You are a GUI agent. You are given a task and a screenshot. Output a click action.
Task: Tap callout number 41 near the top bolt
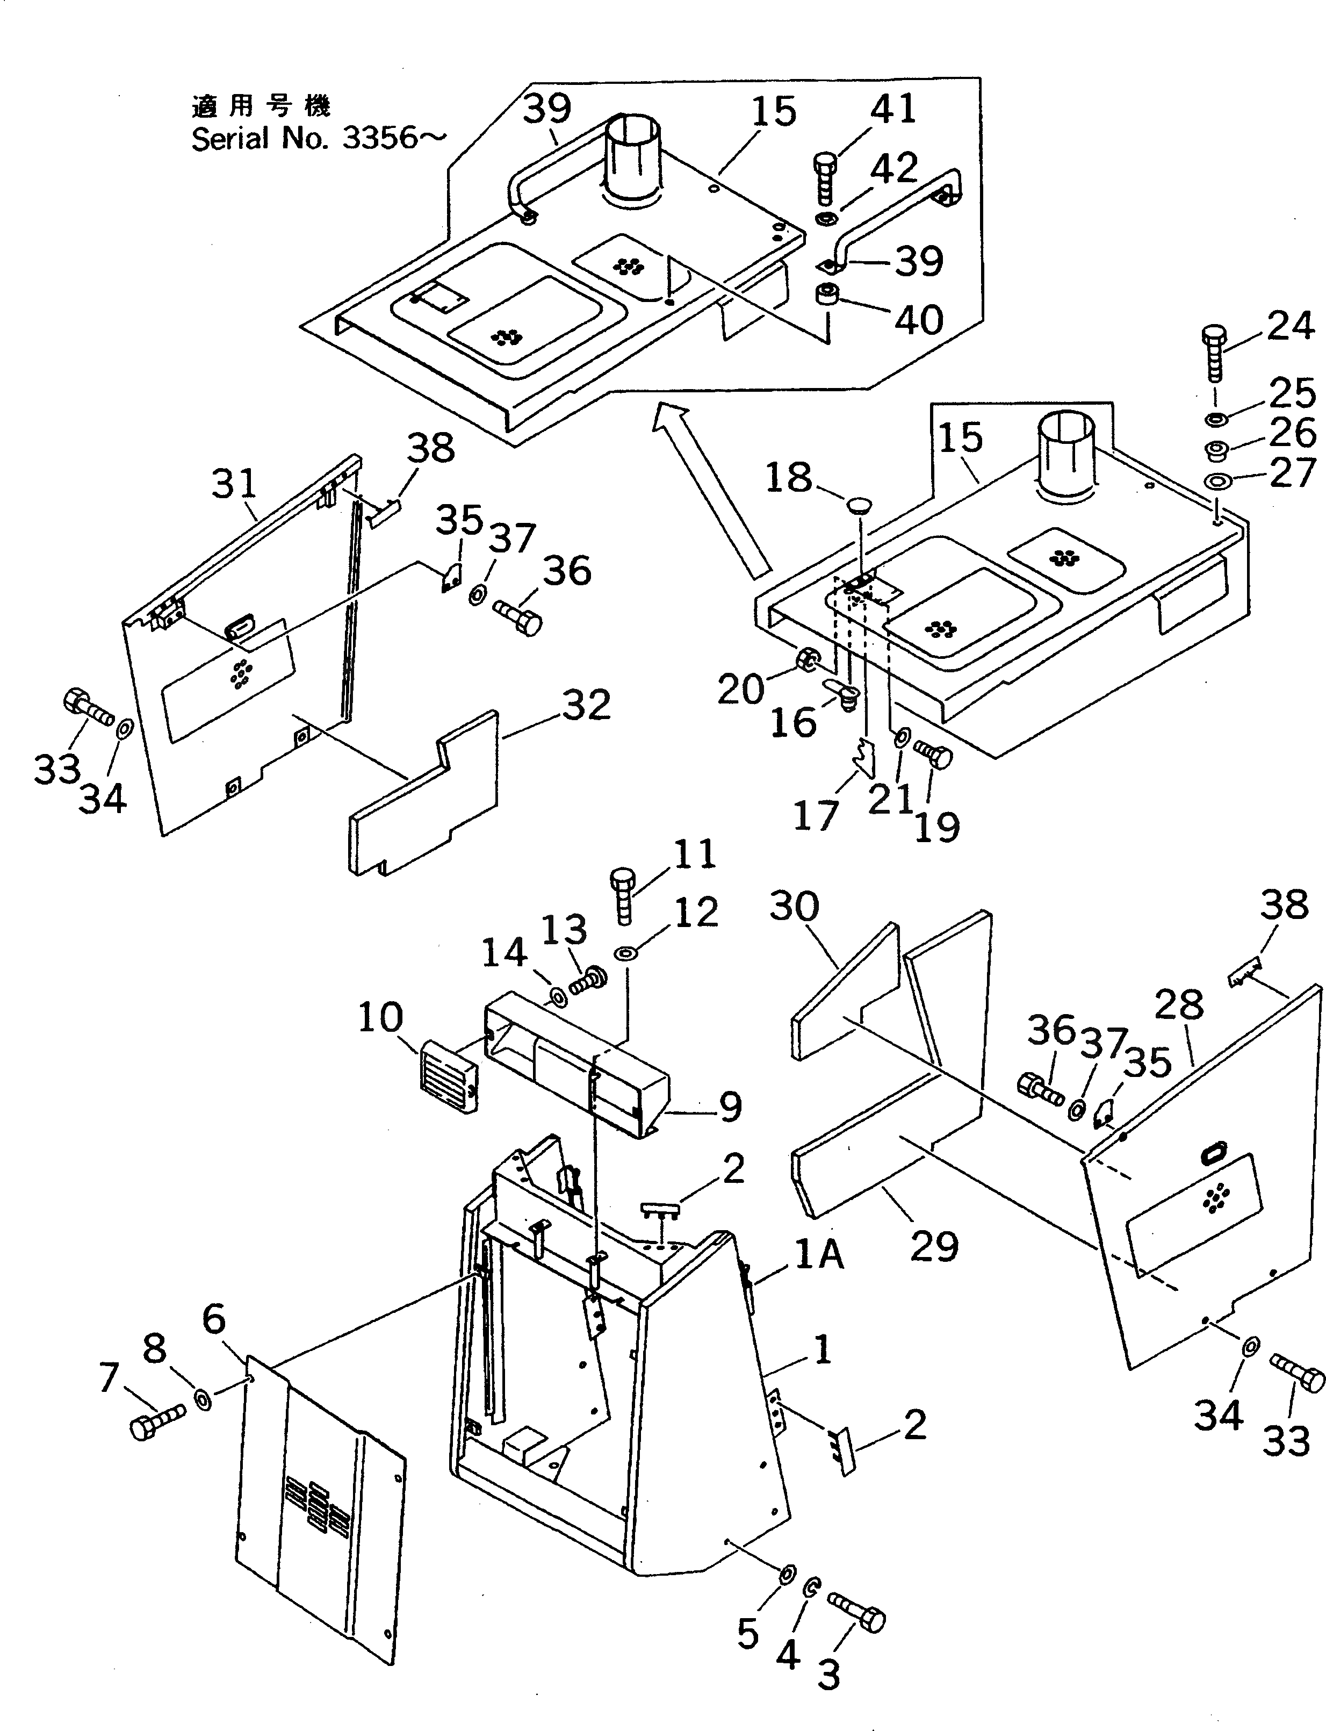coord(893,108)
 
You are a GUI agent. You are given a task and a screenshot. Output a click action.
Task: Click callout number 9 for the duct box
coord(730,1107)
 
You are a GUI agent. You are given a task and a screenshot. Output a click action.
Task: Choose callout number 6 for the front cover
coord(214,1319)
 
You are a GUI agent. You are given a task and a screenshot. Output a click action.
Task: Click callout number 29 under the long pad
coord(934,1246)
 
